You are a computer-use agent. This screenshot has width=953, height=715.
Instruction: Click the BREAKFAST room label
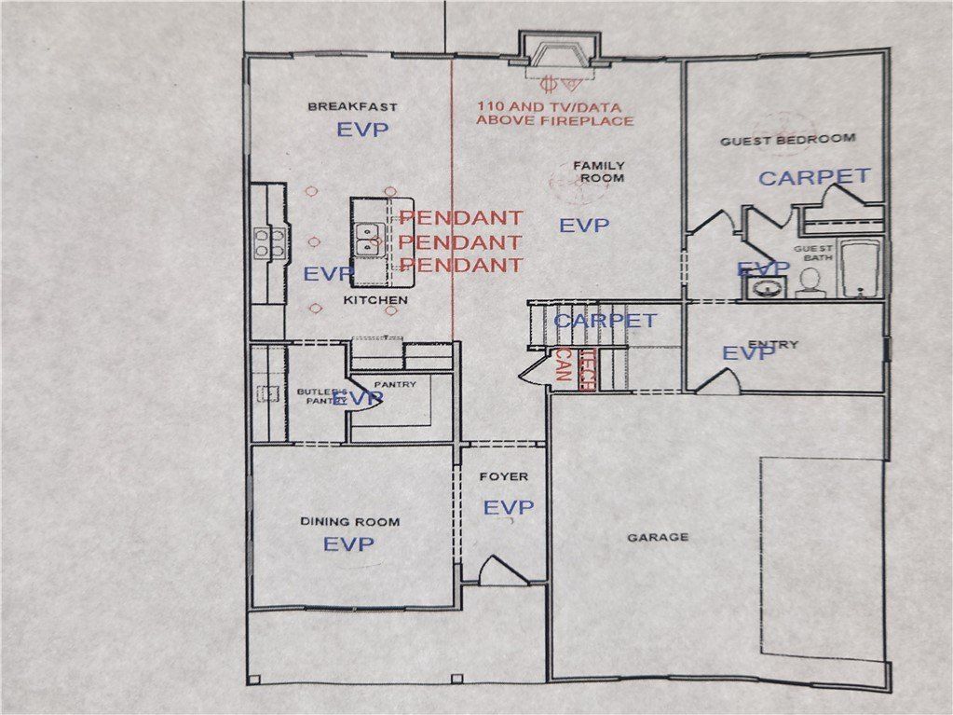coord(352,107)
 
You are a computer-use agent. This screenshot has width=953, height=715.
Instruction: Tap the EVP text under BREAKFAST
coord(362,131)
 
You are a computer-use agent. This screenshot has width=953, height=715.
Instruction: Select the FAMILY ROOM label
coord(598,172)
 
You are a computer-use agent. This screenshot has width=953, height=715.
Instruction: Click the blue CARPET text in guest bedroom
coord(814,176)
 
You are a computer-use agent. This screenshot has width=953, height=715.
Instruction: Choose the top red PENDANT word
coord(460,218)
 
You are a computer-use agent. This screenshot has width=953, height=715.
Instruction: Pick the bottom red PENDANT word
coord(460,265)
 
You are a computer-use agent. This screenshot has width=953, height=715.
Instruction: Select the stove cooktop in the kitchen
coord(268,242)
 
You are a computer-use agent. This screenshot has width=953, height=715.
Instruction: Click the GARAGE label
coord(658,537)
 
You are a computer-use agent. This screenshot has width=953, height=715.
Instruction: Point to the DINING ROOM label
coord(349,522)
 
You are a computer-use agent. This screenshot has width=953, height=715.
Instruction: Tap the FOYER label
coord(503,477)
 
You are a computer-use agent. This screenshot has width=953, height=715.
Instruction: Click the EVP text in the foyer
coord(509,507)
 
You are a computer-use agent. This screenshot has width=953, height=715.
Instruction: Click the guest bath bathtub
coord(862,268)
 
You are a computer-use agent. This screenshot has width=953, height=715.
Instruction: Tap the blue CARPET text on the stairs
coord(606,321)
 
